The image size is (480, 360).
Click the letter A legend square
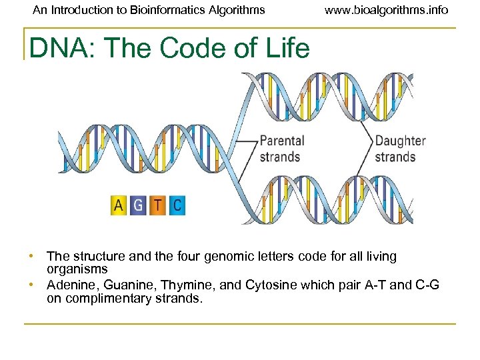coord(119,205)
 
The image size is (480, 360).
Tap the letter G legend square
coord(138,205)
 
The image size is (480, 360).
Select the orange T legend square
coord(157,205)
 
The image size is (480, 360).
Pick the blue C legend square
coord(176,205)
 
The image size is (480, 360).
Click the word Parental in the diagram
coord(281,141)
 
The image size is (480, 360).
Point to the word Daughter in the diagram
coord(400,141)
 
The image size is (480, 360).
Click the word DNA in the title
coord(52,48)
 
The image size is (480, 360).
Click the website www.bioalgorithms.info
coord(387,10)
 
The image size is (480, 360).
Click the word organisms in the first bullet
coord(77,269)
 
